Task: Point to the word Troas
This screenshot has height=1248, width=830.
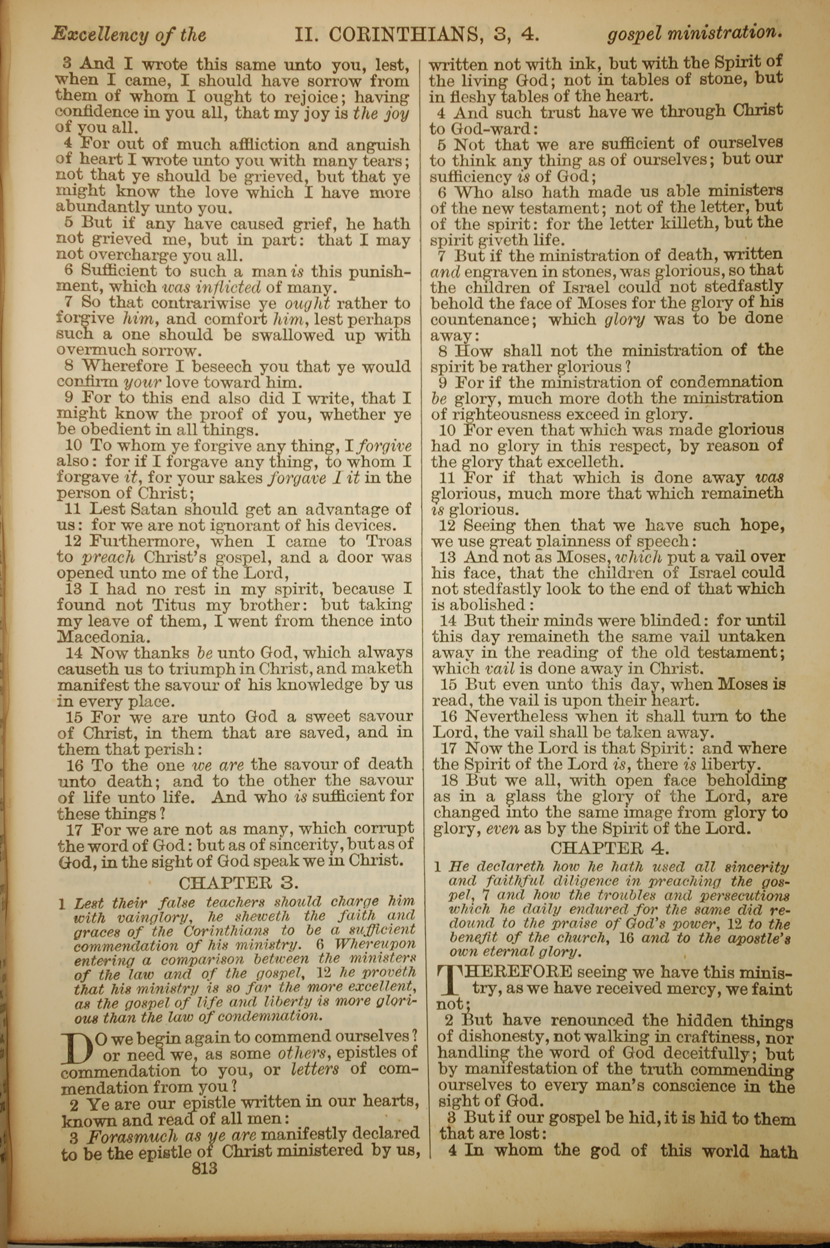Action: point(389,541)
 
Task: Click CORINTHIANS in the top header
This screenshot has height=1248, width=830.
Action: point(402,35)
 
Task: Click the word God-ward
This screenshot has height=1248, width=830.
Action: point(485,128)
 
